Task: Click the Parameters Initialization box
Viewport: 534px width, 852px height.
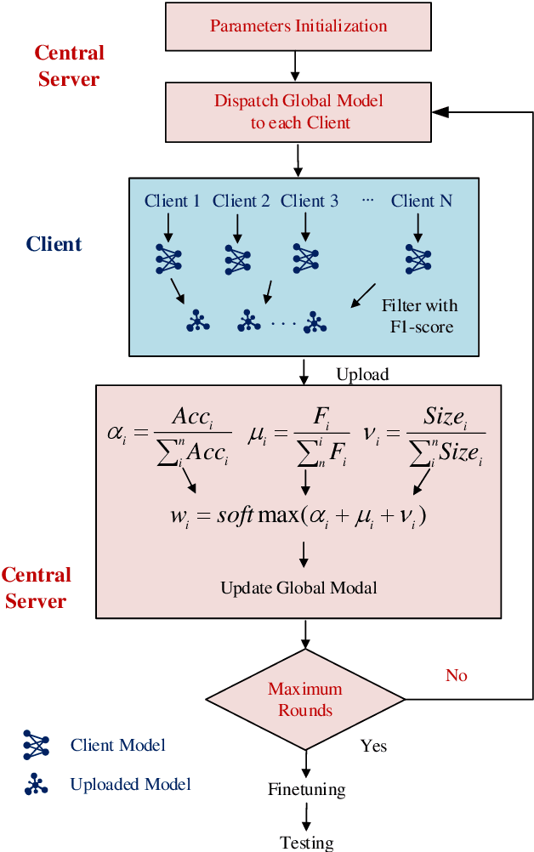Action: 298,26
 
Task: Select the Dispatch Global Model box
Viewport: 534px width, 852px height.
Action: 298,111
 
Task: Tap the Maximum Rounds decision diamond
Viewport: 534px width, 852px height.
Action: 305,699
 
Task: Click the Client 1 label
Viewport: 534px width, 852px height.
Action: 173,201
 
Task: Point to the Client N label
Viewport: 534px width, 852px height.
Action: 421,201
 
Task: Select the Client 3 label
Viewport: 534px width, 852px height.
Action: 310,201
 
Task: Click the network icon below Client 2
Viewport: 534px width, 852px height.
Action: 238,258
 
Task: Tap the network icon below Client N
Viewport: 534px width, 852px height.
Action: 418,258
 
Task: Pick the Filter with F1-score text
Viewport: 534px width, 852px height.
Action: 419,315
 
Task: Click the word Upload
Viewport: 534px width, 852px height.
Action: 362,374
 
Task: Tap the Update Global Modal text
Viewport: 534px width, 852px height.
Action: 298,588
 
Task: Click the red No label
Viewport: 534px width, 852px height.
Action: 457,675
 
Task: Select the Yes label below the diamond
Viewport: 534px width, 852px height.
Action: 373,746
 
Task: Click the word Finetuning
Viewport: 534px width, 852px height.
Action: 306,789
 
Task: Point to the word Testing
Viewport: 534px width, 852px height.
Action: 306,842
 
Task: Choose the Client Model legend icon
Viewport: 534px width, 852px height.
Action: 37,745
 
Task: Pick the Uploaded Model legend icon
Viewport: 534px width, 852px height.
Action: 37,784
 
